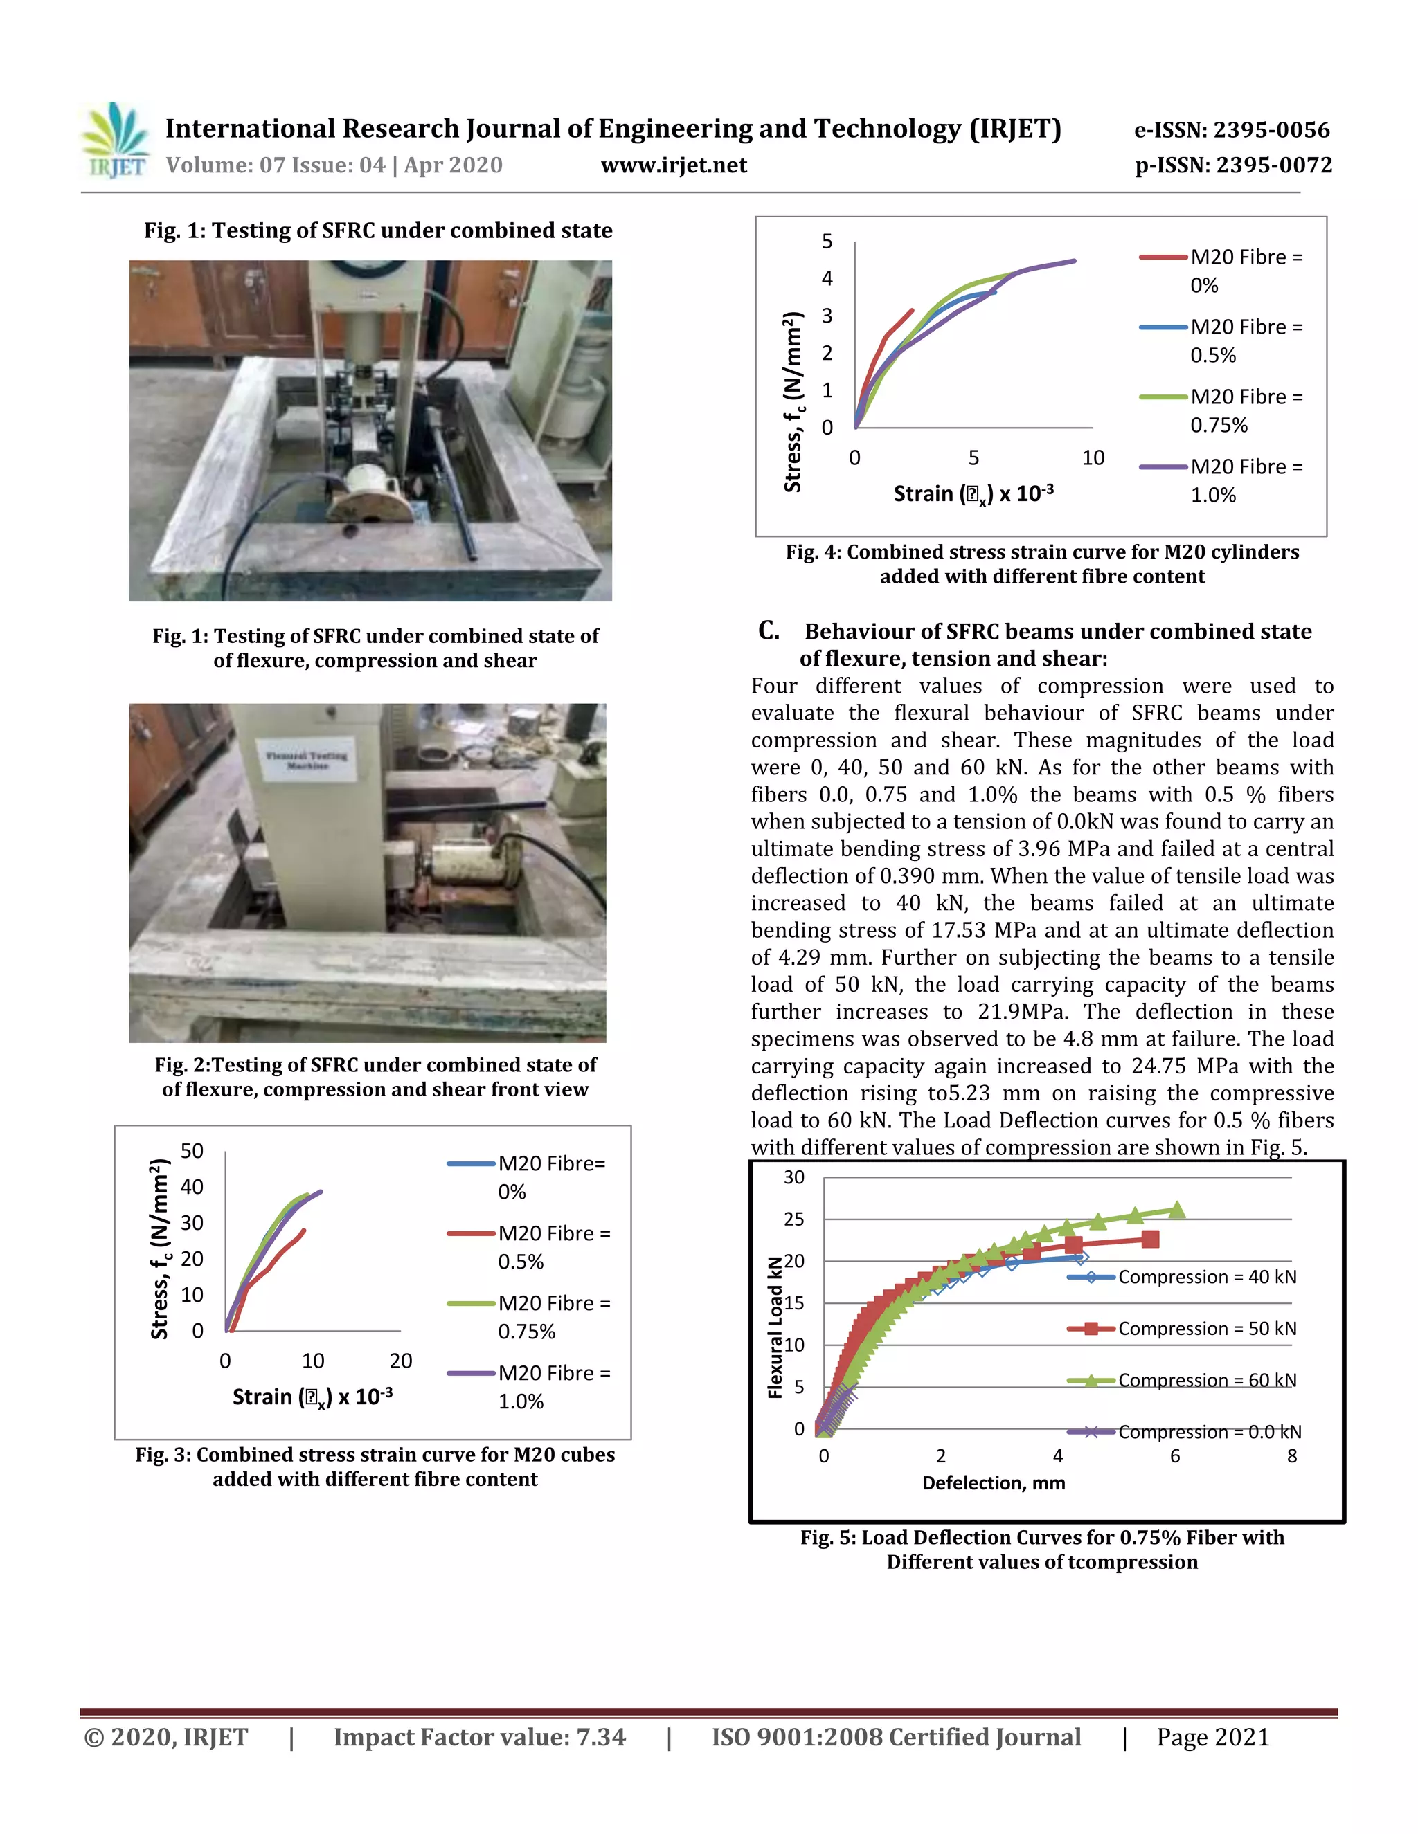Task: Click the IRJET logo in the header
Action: pyautogui.click(x=116, y=141)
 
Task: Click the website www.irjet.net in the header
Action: pyautogui.click(x=674, y=165)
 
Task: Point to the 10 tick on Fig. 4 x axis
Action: pyautogui.click(x=1093, y=457)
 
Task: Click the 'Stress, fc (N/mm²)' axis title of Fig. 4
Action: pyautogui.click(x=792, y=401)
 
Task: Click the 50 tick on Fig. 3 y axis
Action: pyautogui.click(x=192, y=1152)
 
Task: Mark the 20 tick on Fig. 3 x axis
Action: pyautogui.click(x=401, y=1361)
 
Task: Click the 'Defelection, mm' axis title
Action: pyautogui.click(x=994, y=1483)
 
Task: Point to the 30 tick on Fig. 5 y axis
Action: pyautogui.click(x=794, y=1177)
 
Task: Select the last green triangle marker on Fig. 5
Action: pyautogui.click(x=1177, y=1210)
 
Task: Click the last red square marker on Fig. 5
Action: pyautogui.click(x=1150, y=1239)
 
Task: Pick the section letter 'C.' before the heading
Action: pyautogui.click(x=768, y=630)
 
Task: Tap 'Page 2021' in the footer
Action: pyautogui.click(x=1212, y=1737)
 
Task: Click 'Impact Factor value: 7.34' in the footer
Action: pyautogui.click(x=480, y=1737)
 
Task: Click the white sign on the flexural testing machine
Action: pyautogui.click(x=306, y=760)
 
